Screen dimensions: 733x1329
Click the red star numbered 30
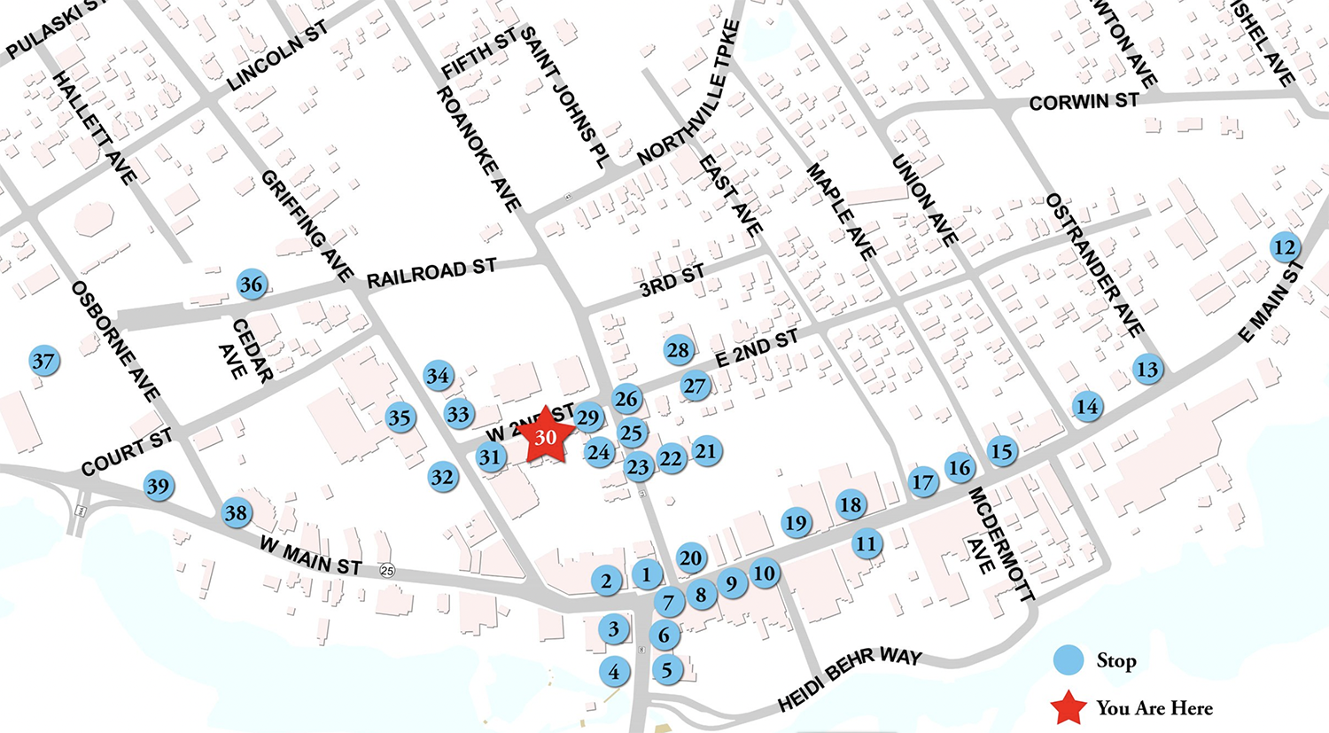point(546,436)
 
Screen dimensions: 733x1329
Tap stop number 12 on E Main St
point(1285,247)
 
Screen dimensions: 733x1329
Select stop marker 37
point(43,361)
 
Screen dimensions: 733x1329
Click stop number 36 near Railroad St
point(252,285)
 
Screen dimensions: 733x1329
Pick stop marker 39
point(159,486)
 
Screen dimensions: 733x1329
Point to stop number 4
point(614,672)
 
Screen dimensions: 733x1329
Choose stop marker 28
point(678,350)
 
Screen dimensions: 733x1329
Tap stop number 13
point(1146,369)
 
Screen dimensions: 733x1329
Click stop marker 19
point(796,523)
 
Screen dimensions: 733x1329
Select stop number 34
point(438,376)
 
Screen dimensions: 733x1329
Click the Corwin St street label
point(1083,102)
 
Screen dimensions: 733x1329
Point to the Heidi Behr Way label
point(850,680)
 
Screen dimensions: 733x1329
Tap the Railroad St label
point(431,273)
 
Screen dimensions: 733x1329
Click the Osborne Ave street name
point(115,340)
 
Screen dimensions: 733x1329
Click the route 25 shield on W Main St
point(386,570)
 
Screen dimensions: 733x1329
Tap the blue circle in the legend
point(1069,660)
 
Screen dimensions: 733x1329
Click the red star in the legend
point(1069,707)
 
